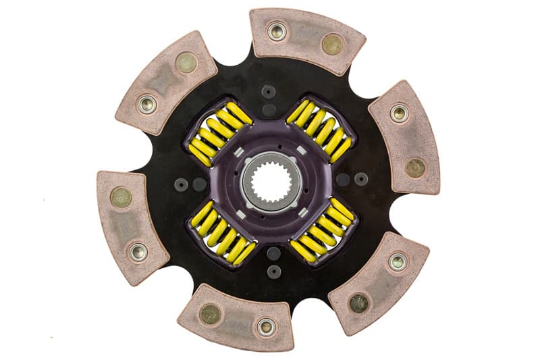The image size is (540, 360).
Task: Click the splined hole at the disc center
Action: (x=270, y=180)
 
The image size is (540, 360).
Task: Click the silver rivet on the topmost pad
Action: (x=277, y=31)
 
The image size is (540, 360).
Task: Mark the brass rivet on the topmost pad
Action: (x=332, y=45)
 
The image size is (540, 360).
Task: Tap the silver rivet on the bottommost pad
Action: (x=265, y=328)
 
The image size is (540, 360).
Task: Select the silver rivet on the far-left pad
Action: (x=138, y=252)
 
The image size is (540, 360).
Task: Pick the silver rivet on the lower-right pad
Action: (x=398, y=261)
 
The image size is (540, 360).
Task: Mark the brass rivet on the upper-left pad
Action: (x=186, y=63)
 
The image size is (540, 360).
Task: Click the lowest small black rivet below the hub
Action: (x=273, y=271)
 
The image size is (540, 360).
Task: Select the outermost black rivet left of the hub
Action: (x=181, y=184)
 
